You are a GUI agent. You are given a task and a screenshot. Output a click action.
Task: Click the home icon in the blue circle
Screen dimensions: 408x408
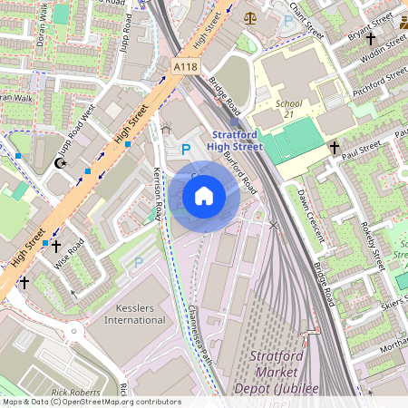pyautogui.click(x=204, y=196)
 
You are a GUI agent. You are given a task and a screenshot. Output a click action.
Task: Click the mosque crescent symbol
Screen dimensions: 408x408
pyautogui.click(x=62, y=163)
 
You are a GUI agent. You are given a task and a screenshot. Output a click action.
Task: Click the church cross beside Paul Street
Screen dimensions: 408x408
pyautogui.click(x=334, y=146)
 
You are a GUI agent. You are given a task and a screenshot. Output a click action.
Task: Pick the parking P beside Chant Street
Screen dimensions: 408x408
pyautogui.click(x=288, y=20)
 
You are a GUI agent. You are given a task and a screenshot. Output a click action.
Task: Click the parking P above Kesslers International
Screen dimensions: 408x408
pyautogui.click(x=139, y=262)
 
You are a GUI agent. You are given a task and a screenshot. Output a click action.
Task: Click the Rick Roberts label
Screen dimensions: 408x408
pyautogui.click(x=76, y=393)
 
